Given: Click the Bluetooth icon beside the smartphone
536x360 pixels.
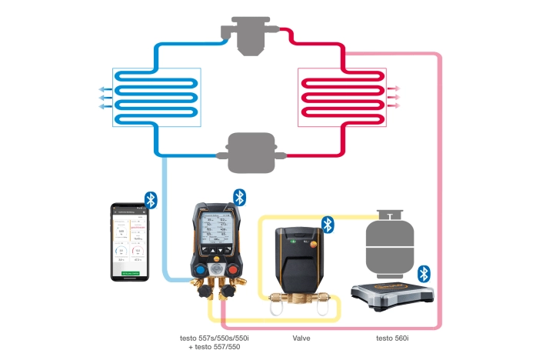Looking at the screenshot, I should pyautogui.click(x=151, y=200).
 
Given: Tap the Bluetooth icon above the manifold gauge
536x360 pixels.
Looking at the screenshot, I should pyautogui.click(x=240, y=197).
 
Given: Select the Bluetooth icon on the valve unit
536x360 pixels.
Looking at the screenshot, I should pyautogui.click(x=328, y=225).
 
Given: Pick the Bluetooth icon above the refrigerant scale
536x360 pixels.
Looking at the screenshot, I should pyautogui.click(x=423, y=274).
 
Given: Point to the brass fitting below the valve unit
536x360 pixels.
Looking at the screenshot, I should pyautogui.click(x=302, y=298).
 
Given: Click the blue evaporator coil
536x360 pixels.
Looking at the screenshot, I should pyautogui.click(x=158, y=98).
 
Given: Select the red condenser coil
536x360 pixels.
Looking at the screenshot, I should pyautogui.click(x=341, y=98).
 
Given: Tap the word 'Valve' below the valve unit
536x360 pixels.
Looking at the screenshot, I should pyautogui.click(x=302, y=337).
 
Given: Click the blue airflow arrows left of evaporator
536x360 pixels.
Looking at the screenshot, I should pyautogui.click(x=105, y=98).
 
